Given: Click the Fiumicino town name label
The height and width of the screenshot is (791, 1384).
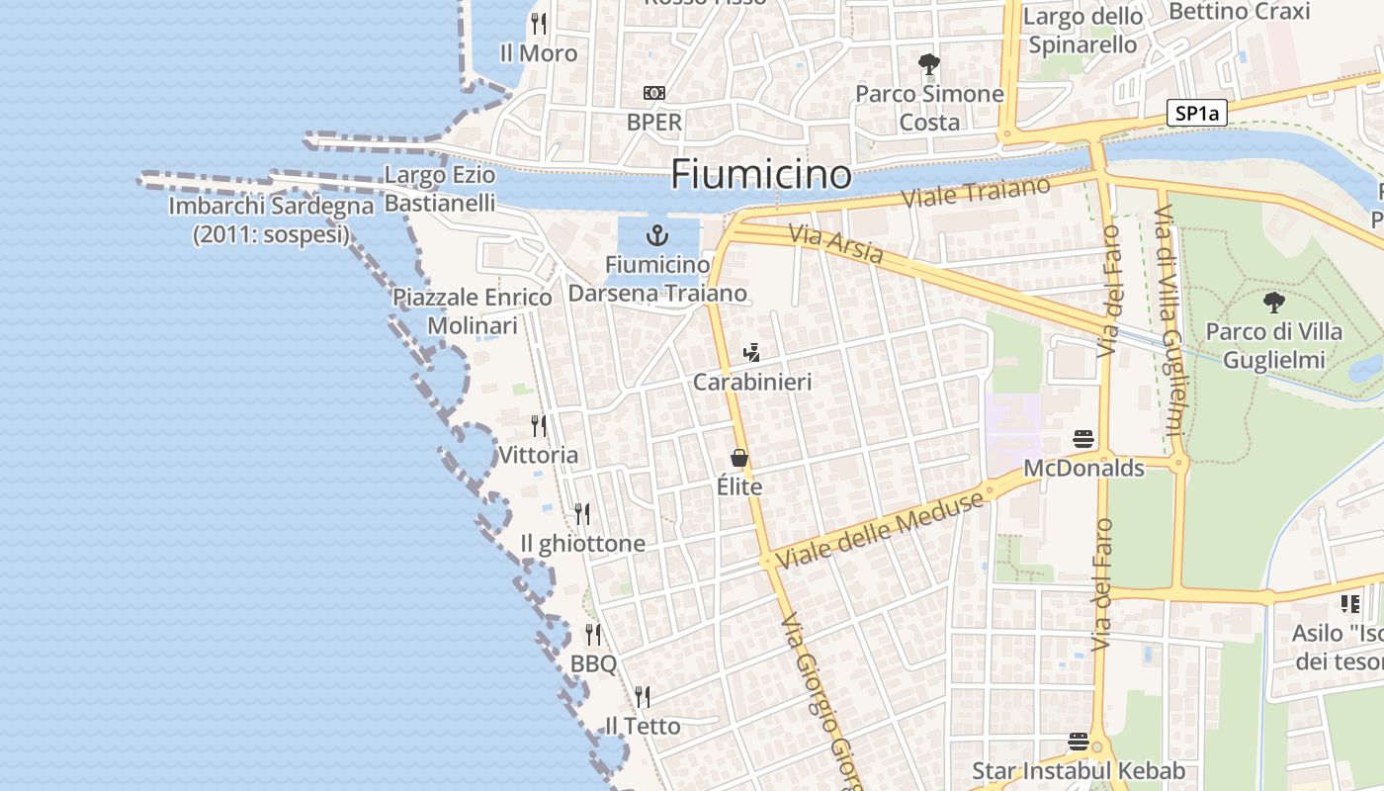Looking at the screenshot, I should click(x=760, y=175).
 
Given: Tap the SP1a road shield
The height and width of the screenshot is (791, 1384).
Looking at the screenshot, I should click(x=1196, y=114).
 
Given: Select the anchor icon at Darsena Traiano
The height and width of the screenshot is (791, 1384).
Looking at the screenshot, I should click(x=656, y=235).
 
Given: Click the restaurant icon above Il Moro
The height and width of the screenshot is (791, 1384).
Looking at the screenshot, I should click(x=539, y=23).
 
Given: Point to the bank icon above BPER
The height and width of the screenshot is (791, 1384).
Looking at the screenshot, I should click(x=654, y=93).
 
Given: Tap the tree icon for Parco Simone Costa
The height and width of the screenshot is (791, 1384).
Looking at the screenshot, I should click(x=928, y=65).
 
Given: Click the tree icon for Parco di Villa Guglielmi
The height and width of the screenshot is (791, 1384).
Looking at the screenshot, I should click(x=1274, y=302).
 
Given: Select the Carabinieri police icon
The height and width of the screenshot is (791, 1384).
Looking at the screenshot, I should click(x=752, y=353).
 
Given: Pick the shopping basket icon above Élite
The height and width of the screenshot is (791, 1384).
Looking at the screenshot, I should click(x=738, y=458).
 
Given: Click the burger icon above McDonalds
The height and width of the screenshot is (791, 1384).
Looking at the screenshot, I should click(x=1083, y=438).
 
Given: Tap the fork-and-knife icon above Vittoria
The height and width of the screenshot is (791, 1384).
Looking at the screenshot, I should click(x=539, y=426).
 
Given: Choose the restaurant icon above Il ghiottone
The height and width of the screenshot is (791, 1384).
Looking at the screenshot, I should click(x=582, y=514).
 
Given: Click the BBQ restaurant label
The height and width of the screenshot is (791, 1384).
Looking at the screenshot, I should click(x=593, y=662).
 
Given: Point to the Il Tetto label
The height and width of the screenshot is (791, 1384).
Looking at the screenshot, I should click(x=643, y=727).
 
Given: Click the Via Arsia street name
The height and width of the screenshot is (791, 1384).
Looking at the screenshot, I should click(x=836, y=244).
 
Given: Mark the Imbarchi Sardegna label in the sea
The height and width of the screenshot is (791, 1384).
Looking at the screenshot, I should click(x=272, y=220).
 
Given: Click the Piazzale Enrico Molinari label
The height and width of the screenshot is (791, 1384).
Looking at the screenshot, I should click(x=473, y=311).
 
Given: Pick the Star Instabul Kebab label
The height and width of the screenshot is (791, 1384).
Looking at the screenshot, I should click(x=1079, y=771).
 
